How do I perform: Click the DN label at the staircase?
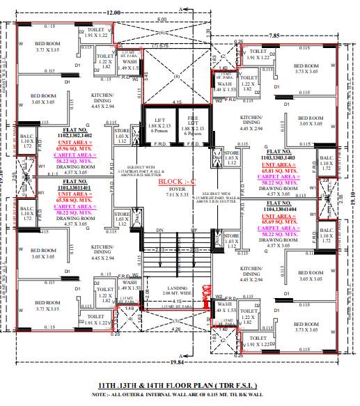coord(159,230)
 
